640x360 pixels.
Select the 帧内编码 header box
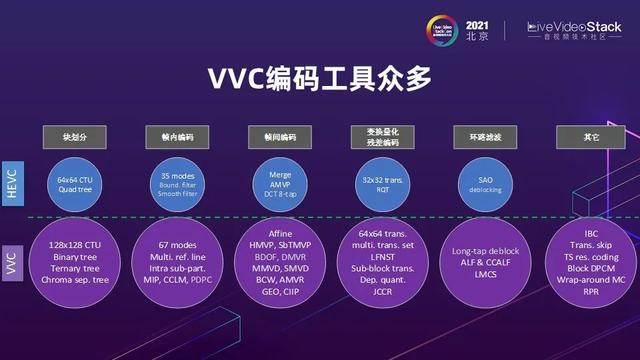(x=176, y=134)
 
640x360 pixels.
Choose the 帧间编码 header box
(x=280, y=134)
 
